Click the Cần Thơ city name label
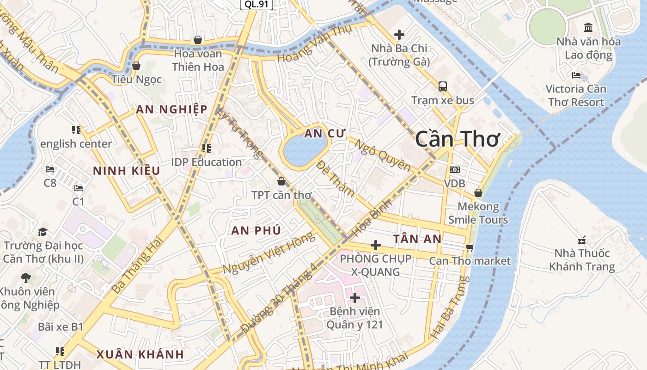pos(457,139)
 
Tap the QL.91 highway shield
pos(256,4)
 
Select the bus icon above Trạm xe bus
pos(443,86)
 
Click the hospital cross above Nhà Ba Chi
pos(399,34)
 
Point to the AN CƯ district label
pos(325,134)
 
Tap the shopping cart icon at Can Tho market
pos(470,247)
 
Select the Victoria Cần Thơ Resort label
pos(575,95)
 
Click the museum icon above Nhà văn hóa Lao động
pos(588,27)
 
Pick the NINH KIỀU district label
pos(126,171)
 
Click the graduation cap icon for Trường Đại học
pos(43,232)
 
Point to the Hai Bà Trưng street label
pos(450,307)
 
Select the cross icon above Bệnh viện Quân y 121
pos(355,298)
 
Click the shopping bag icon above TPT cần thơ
pos(281,181)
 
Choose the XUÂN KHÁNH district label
pos(140,355)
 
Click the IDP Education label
pos(206,162)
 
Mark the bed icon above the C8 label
pos(50,169)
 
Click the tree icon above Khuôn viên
pos(26,278)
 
